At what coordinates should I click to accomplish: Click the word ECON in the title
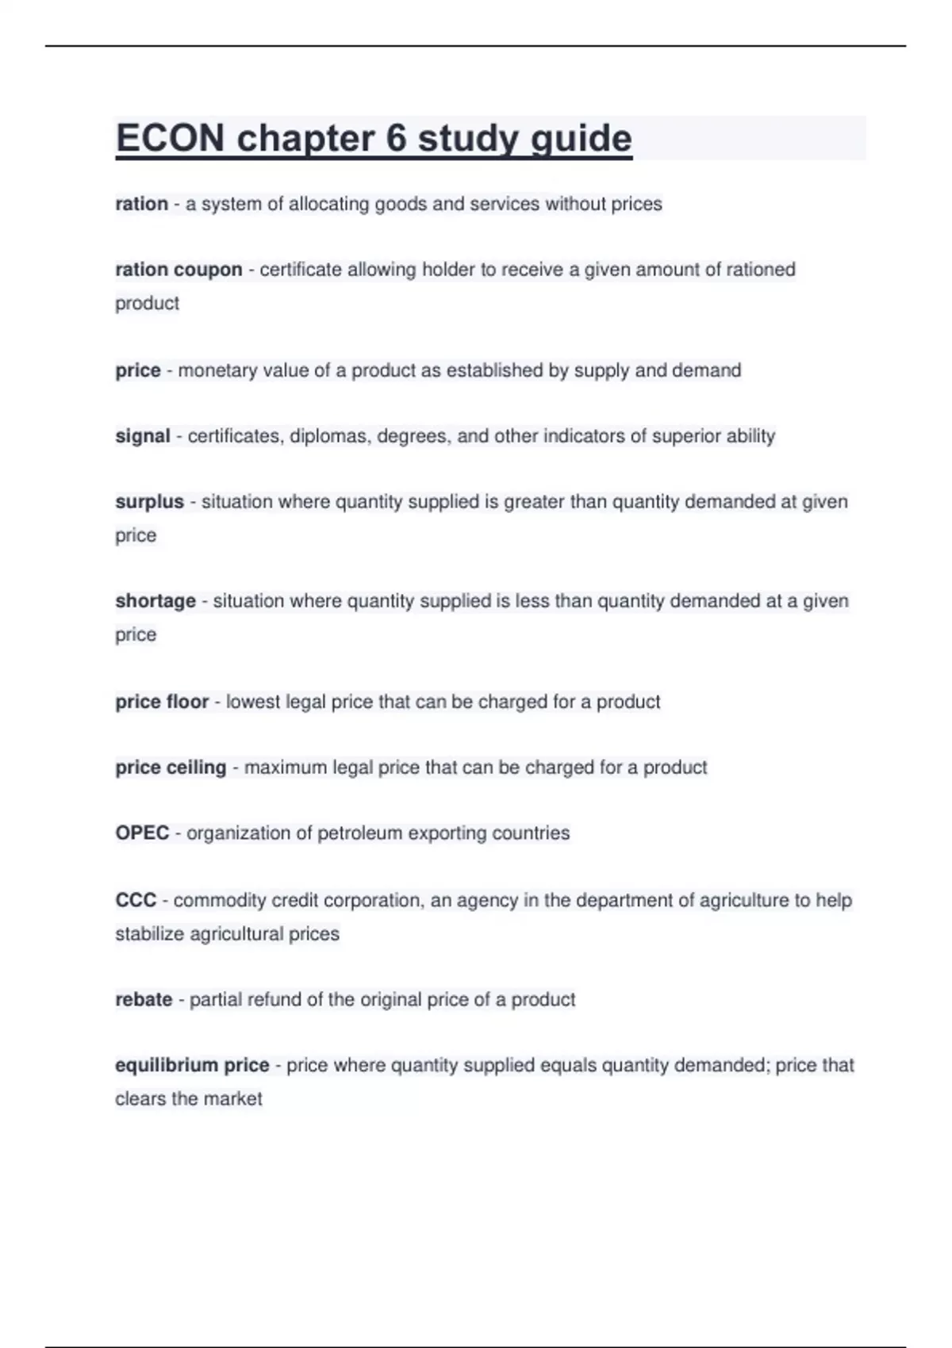coord(170,139)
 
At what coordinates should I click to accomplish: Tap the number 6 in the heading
coord(396,139)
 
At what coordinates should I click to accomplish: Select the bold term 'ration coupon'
coord(178,270)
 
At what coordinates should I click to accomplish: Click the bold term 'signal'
coord(143,436)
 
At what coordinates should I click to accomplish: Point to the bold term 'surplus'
coord(149,502)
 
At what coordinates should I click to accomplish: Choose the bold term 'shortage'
coord(155,601)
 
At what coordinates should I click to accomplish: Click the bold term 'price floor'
coord(162,702)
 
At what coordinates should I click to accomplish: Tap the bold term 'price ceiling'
coord(171,768)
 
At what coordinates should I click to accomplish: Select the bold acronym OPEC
coord(142,833)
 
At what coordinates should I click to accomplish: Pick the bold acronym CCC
coord(136,901)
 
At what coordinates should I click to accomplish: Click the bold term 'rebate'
coord(144,1000)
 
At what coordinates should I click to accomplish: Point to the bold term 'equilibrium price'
coord(192,1065)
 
